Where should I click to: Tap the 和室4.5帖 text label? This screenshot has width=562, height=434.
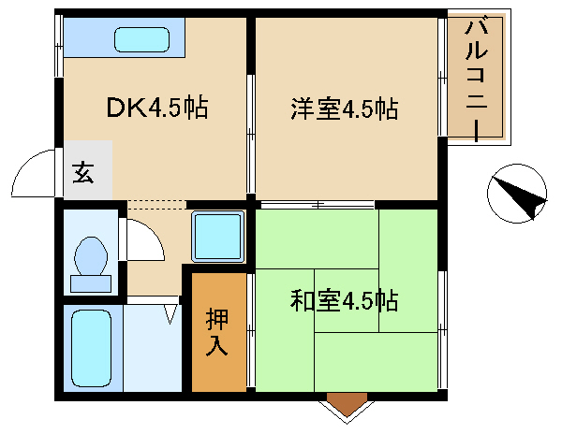pos(345,301)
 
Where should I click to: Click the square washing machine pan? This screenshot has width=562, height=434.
pos(217,237)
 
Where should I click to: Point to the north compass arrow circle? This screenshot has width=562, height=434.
pos(517,194)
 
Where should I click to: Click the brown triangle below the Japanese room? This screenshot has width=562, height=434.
pos(348,406)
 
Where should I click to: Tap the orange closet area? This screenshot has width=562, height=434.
pos(216,331)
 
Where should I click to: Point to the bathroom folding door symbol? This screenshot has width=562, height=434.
pos(170,311)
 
